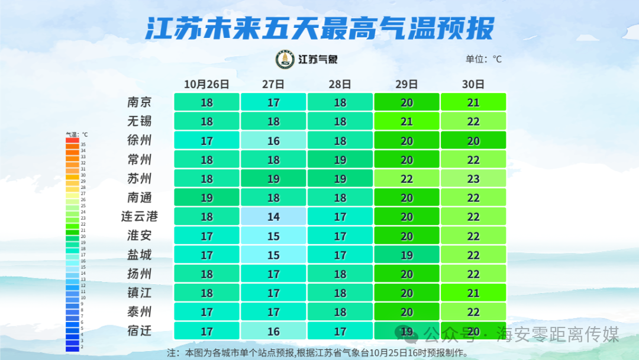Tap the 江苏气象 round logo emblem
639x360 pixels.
click(285, 59)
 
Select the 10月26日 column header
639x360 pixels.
click(206, 84)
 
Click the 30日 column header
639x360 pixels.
click(473, 84)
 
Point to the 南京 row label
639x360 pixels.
click(140, 102)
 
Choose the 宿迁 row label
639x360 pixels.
click(140, 330)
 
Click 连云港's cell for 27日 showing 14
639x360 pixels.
click(273, 217)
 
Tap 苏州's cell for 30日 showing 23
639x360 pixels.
click(473, 178)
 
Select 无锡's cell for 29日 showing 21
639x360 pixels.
click(406, 121)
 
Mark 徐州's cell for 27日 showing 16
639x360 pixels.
click(273, 140)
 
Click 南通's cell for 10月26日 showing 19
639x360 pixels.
click(206, 198)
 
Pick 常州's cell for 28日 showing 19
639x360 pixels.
click(340, 159)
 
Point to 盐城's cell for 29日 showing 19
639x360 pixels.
click(406, 255)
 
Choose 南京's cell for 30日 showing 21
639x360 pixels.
click(473, 102)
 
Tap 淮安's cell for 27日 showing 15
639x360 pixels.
click(273, 236)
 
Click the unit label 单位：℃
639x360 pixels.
click(484, 59)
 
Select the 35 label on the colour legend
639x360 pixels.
click(83, 144)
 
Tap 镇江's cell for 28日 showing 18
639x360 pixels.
click(340, 292)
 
